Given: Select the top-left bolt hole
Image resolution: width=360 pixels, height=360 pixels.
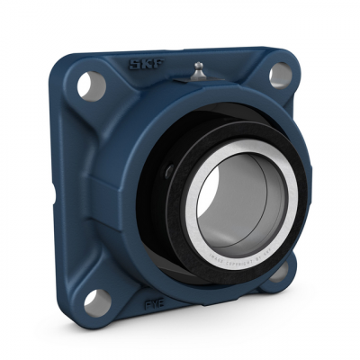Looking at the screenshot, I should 87,85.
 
